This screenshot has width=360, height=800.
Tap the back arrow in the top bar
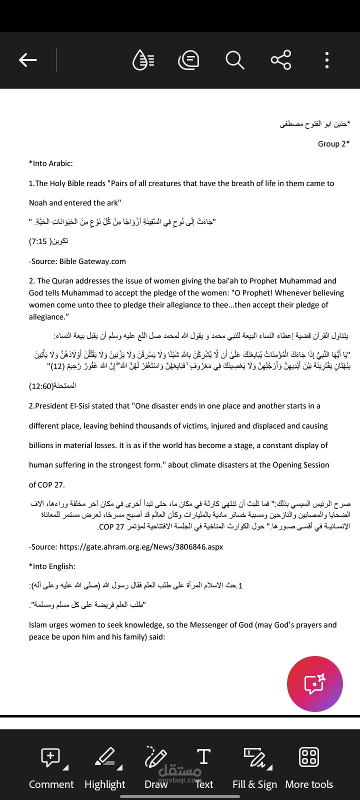tap(28, 60)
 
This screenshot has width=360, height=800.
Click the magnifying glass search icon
tap(234, 60)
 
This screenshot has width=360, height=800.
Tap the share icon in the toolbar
tap(280, 60)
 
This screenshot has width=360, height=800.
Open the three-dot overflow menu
tap(326, 60)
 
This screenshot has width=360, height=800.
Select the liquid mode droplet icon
tap(143, 60)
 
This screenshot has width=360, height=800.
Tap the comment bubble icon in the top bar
tap(188, 60)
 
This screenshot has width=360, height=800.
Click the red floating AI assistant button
tap(314, 684)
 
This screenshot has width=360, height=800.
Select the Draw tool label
tap(156, 784)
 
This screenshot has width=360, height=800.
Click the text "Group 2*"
tap(333, 144)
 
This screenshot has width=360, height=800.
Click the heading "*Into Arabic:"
tap(51, 163)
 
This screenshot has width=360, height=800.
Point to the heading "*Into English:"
tap(52, 566)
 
